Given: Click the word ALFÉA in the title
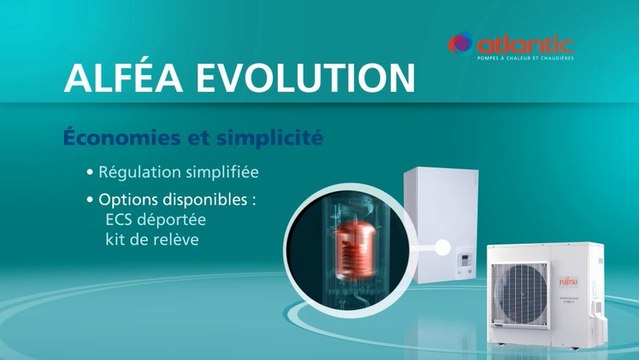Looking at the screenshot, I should pos(122,78).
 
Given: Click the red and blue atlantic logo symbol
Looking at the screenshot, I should pos(461,44).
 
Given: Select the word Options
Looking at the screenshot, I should pos(130,200).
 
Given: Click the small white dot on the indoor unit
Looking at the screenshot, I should pos(436,245).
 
